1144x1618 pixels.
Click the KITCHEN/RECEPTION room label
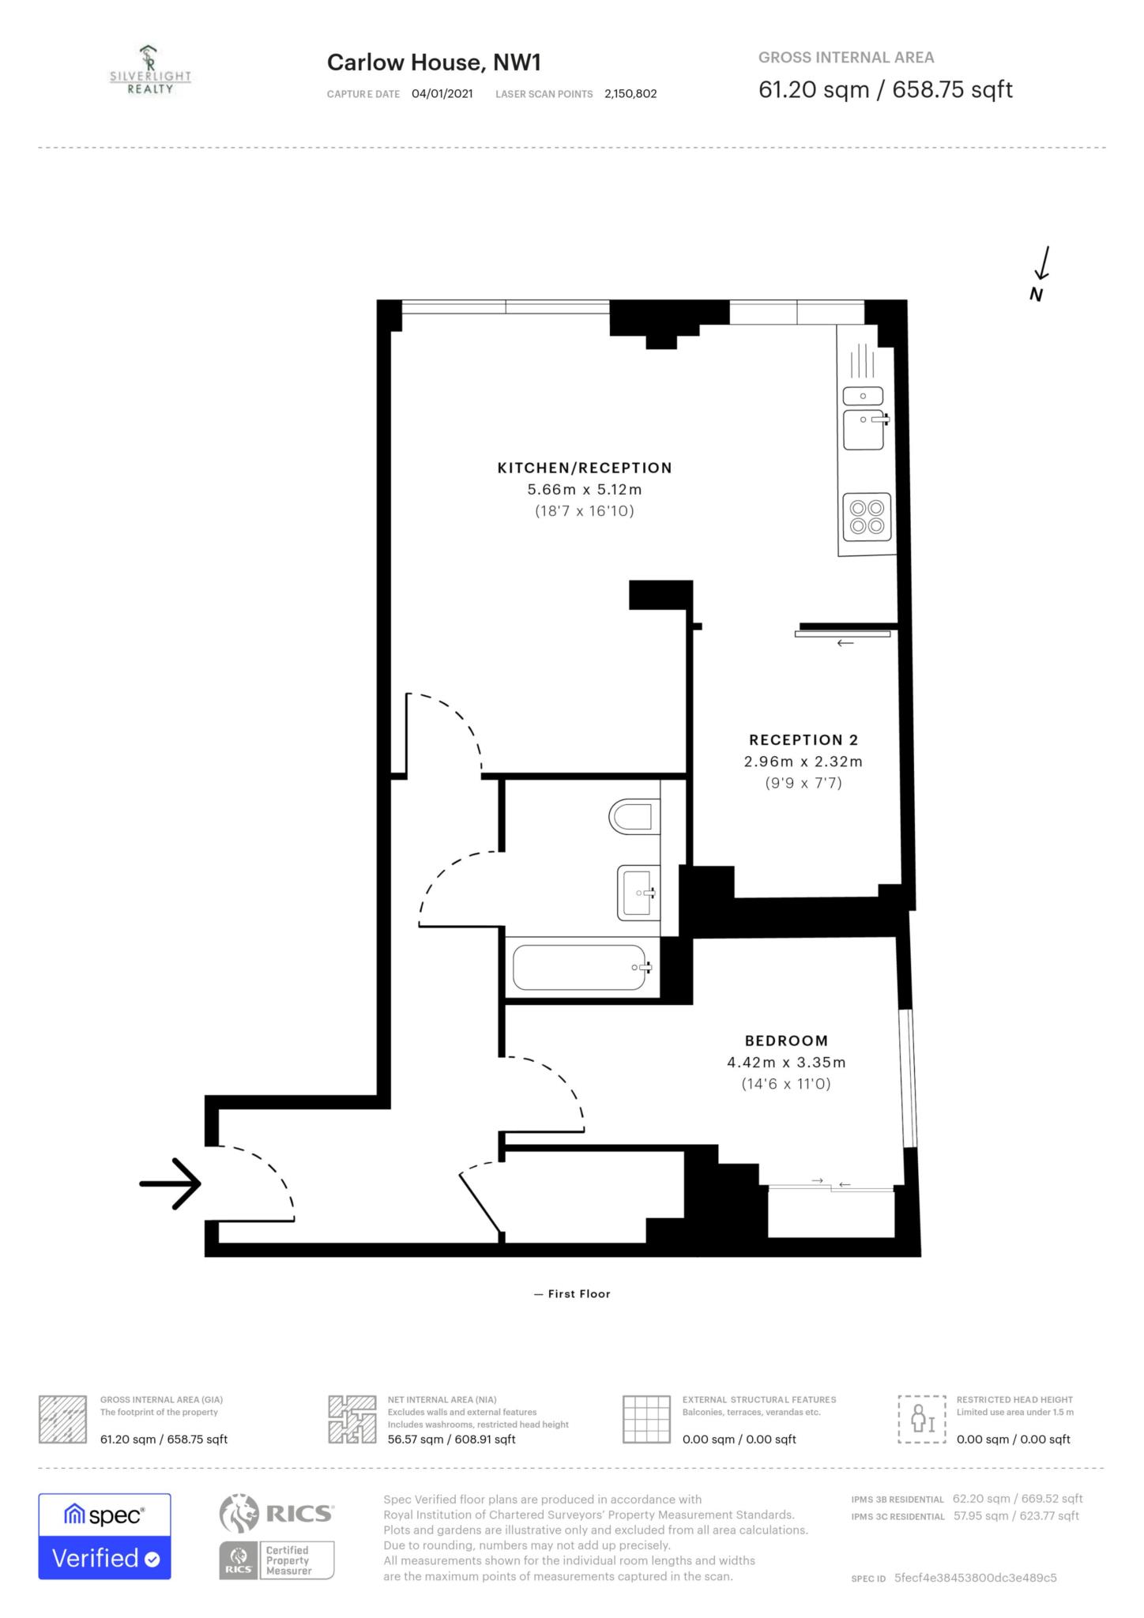(585, 468)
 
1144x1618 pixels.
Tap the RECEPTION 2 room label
(803, 740)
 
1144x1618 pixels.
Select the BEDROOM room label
(786, 1040)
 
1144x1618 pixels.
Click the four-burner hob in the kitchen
(867, 517)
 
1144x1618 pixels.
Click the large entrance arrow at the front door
(170, 1183)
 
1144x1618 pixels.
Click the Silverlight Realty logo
(150, 71)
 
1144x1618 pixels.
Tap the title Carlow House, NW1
(434, 62)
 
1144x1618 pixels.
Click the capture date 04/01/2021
(442, 93)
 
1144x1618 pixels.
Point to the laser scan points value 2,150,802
(630, 93)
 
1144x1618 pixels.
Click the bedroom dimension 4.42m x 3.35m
(786, 1063)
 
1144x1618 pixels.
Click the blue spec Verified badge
(104, 1537)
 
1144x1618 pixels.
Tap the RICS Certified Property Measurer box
(277, 1560)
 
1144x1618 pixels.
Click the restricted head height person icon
(922, 1420)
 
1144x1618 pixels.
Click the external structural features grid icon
(646, 1420)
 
